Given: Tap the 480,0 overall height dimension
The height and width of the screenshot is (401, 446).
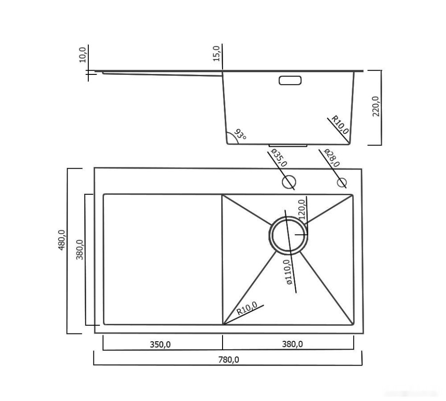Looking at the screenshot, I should [x=62, y=240].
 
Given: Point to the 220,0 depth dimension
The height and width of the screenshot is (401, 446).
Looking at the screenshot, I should [x=376, y=106].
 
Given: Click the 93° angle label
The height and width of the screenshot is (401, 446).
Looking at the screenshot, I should [x=240, y=135].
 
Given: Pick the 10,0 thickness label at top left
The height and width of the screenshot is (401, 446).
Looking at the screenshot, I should [x=83, y=54].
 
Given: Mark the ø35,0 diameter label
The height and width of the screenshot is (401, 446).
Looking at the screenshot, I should [x=279, y=158].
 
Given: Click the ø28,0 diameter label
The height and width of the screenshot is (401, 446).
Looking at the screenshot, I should [x=331, y=158].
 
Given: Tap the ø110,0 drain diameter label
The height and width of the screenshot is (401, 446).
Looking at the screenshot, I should [x=289, y=272].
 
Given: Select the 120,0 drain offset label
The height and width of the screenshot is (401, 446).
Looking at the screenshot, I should [x=302, y=209].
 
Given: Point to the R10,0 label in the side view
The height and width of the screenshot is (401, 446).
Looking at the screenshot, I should [x=341, y=124].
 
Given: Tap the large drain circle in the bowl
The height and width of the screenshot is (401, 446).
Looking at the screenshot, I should [x=288, y=235].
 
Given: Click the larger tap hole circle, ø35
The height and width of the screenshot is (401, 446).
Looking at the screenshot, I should [x=289, y=182].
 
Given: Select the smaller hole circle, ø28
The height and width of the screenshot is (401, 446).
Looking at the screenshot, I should [x=341, y=183].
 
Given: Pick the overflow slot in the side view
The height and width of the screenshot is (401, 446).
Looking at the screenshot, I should [x=290, y=80].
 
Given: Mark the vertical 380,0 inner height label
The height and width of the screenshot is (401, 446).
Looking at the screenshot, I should [x=80, y=250].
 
